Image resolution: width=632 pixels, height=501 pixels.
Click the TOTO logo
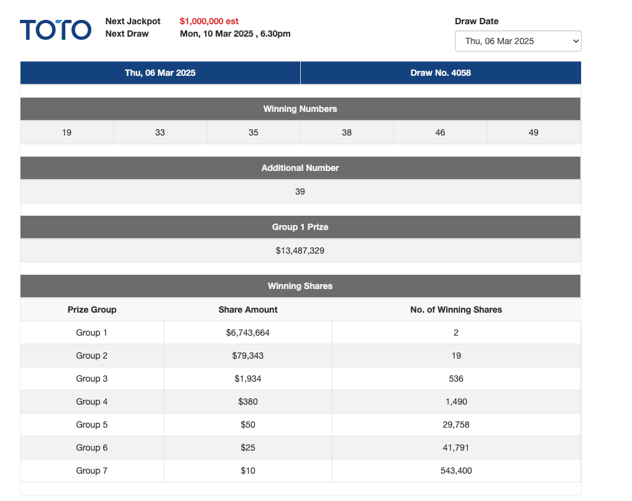(x=55, y=29)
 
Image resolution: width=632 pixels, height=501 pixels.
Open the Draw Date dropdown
(x=518, y=41)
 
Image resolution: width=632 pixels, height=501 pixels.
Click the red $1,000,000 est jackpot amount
(x=209, y=21)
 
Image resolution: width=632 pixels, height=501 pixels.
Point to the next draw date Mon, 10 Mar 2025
(x=235, y=34)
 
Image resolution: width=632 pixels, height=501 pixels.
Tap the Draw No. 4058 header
(x=441, y=73)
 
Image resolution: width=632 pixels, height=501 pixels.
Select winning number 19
(x=66, y=132)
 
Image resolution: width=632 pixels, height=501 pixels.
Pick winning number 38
(x=347, y=132)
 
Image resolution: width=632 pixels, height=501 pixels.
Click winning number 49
(x=533, y=132)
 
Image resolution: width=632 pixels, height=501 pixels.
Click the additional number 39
(x=300, y=191)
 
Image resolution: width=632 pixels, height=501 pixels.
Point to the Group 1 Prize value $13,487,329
(x=300, y=251)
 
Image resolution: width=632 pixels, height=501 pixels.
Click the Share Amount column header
(x=248, y=310)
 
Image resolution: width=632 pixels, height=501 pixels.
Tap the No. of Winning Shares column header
(x=456, y=310)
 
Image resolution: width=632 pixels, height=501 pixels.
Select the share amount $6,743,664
(x=248, y=333)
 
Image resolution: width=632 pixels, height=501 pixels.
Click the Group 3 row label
(x=92, y=379)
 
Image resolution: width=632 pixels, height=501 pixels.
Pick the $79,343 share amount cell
(x=248, y=356)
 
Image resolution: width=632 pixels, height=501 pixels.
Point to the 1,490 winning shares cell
(x=456, y=402)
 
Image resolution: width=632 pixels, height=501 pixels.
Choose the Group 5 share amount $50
(x=248, y=425)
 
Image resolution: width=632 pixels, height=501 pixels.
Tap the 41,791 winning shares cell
(x=456, y=448)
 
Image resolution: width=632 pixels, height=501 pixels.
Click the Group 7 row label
(x=92, y=471)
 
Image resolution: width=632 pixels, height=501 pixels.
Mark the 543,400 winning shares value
(x=456, y=471)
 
